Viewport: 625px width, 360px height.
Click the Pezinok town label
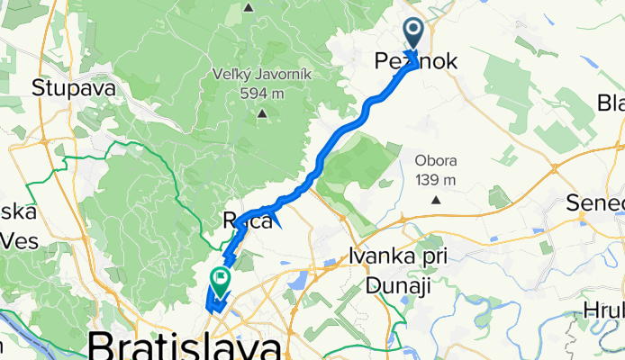coord(416,62)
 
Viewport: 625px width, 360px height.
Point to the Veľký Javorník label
coord(262,75)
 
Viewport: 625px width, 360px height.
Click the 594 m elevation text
coord(262,93)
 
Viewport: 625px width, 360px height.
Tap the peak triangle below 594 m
coord(262,113)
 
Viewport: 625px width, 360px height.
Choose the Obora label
coord(436,161)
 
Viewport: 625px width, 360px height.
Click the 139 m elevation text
coord(436,179)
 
